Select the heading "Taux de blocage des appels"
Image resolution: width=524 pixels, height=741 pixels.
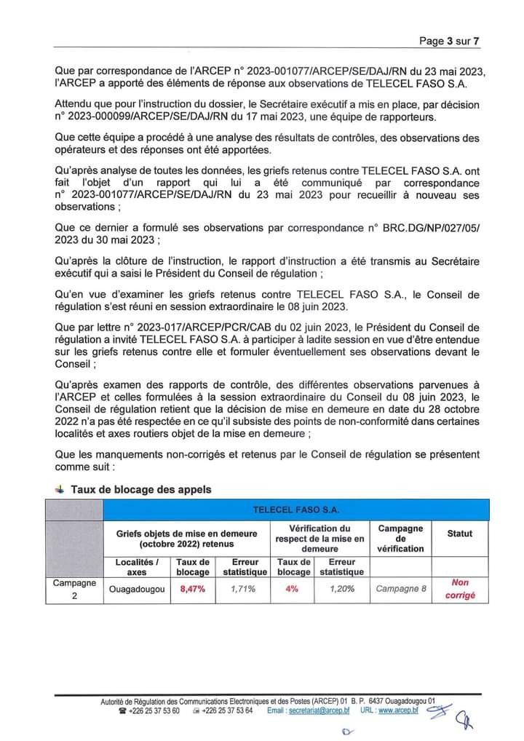click(x=140, y=489)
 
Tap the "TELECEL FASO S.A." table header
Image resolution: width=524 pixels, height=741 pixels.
click(x=295, y=510)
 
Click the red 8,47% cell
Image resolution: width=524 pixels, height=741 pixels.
click(x=193, y=590)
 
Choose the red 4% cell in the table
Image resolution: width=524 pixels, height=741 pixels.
click(x=292, y=590)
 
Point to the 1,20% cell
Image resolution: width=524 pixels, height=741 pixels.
click(x=341, y=590)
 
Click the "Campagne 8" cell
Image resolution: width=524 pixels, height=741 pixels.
click(x=401, y=590)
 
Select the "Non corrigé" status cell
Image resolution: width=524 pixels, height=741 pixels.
click(x=460, y=589)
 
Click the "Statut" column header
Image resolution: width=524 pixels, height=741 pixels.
click(x=460, y=534)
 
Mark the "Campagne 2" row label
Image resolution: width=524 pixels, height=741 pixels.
click(x=74, y=589)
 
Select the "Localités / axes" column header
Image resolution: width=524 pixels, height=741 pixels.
click(x=136, y=567)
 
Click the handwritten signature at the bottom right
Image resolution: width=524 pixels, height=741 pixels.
click(x=451, y=715)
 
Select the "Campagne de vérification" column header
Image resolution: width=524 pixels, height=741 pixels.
click(x=401, y=538)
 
